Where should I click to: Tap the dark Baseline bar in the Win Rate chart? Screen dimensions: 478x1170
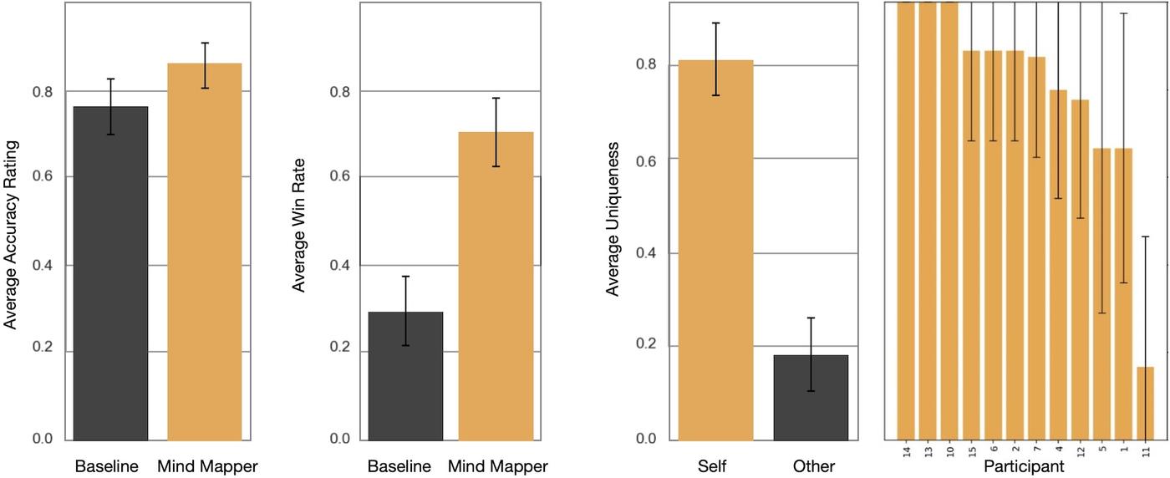coord(405,375)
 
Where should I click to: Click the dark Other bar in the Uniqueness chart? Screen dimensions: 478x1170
coord(811,397)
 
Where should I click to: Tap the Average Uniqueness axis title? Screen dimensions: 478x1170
coord(613,218)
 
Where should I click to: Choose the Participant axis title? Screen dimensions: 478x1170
coord(1025,466)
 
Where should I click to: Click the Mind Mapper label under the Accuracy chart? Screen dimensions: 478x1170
coord(207,466)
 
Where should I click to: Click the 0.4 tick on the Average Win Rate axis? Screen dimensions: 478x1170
coord(334,265)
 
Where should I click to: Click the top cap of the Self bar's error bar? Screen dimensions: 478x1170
coord(716,23)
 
